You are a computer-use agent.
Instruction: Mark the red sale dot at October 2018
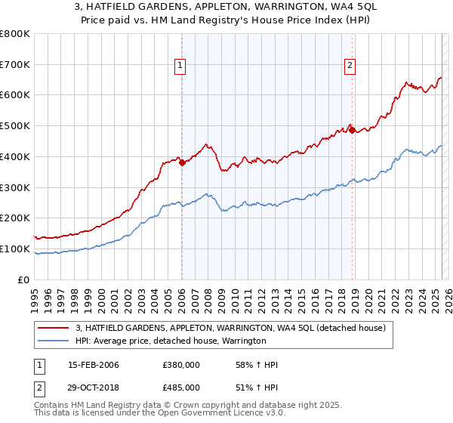(351, 131)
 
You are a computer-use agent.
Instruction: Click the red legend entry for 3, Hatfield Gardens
(231, 328)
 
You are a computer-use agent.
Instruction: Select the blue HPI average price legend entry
(171, 341)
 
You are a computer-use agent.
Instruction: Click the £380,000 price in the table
(181, 366)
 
